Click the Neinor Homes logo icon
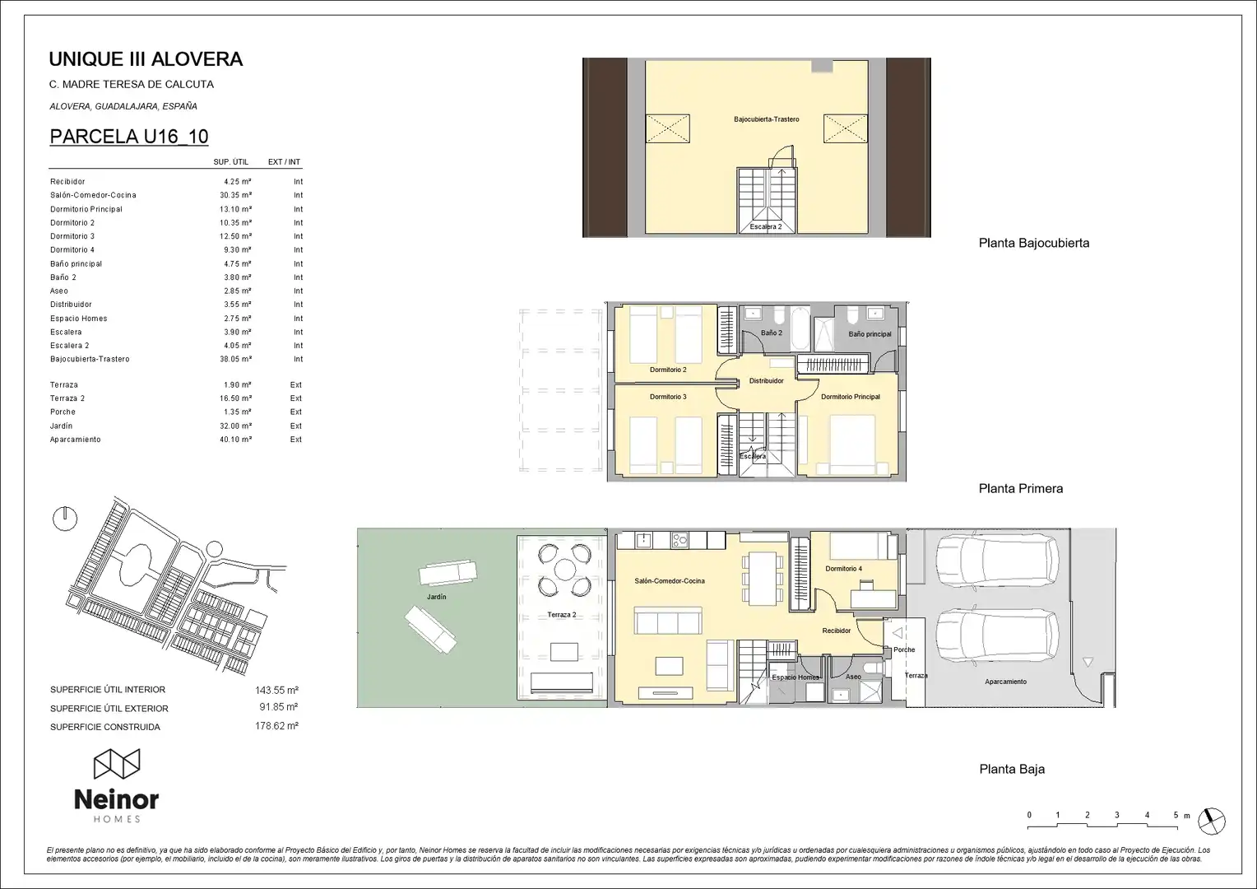pyautogui.click(x=117, y=764)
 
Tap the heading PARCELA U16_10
pyautogui.click(x=129, y=137)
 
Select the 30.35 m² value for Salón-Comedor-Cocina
pyautogui.click(x=235, y=195)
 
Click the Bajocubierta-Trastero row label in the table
pyautogui.click(x=90, y=360)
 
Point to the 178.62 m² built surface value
pyautogui.click(x=276, y=725)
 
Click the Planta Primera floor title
pyautogui.click(x=1021, y=489)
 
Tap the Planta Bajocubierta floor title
pyautogui.click(x=1034, y=243)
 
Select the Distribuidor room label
pyautogui.click(x=767, y=381)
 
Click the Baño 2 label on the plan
pyautogui.click(x=772, y=333)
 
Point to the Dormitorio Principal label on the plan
pyautogui.click(x=851, y=397)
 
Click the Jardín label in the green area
pyautogui.click(x=437, y=597)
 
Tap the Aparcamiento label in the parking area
pyautogui.click(x=1005, y=682)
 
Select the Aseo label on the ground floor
pyautogui.click(x=854, y=677)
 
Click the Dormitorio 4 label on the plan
pyautogui.click(x=843, y=569)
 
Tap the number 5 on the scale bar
pyautogui.click(x=1176, y=815)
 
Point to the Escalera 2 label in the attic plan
pyautogui.click(x=766, y=227)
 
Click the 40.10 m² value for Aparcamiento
pyautogui.click(x=235, y=440)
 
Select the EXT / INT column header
pyautogui.click(x=284, y=161)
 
